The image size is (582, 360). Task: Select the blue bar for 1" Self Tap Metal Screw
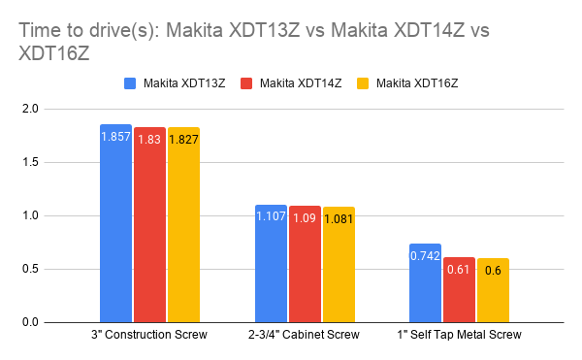pos(425,282)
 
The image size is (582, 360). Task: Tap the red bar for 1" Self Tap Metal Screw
pos(459,289)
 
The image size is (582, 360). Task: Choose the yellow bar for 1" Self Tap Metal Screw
pos(493,290)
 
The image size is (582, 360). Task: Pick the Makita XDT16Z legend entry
pos(412,83)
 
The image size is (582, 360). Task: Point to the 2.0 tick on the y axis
pos(55,110)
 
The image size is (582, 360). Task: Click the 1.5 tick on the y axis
pos(55,163)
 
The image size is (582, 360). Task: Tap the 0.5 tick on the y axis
pos(55,269)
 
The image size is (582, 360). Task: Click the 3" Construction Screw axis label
pos(149,335)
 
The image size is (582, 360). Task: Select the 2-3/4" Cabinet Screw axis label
pos(305,335)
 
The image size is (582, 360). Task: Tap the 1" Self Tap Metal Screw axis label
pos(459,335)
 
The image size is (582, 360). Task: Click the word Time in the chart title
pos(39,31)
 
